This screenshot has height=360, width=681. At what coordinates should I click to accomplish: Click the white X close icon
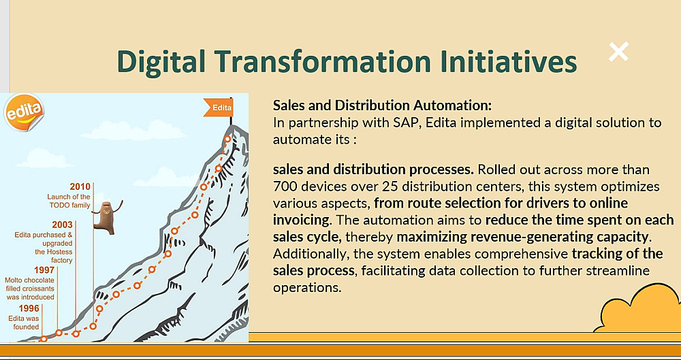(x=618, y=52)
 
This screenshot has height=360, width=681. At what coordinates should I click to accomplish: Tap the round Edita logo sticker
(x=24, y=112)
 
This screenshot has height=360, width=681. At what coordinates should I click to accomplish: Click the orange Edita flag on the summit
(x=219, y=108)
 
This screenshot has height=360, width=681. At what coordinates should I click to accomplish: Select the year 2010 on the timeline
(x=80, y=186)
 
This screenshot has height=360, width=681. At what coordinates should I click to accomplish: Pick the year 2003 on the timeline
(x=62, y=225)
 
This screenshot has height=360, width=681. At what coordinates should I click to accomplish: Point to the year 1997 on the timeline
(x=44, y=270)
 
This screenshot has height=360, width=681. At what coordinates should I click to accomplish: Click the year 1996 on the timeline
(x=29, y=308)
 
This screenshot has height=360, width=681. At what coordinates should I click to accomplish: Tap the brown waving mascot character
(x=106, y=217)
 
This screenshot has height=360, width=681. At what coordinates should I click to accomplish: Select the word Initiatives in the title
(x=509, y=61)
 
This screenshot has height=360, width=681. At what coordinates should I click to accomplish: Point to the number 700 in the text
(x=285, y=186)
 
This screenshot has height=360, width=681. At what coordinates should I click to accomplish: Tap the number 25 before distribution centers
(x=392, y=186)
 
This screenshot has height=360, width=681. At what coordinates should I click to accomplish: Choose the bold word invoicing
(x=300, y=220)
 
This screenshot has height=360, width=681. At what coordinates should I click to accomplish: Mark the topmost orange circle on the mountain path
(x=227, y=140)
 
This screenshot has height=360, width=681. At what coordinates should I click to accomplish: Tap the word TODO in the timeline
(x=58, y=206)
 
